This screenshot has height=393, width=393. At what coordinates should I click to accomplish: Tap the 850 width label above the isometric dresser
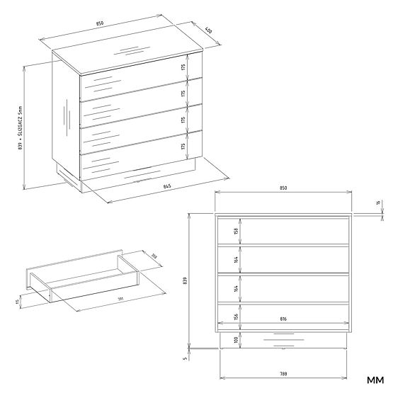(100, 23)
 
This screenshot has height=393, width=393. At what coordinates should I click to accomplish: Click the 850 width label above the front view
(283, 188)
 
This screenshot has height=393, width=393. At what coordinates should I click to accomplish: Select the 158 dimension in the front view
(235, 230)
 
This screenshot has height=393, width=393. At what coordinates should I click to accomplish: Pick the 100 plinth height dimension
(235, 340)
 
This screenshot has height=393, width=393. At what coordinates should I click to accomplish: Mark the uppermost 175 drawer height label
(183, 68)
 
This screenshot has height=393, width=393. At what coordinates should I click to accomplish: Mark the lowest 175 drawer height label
(183, 146)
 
